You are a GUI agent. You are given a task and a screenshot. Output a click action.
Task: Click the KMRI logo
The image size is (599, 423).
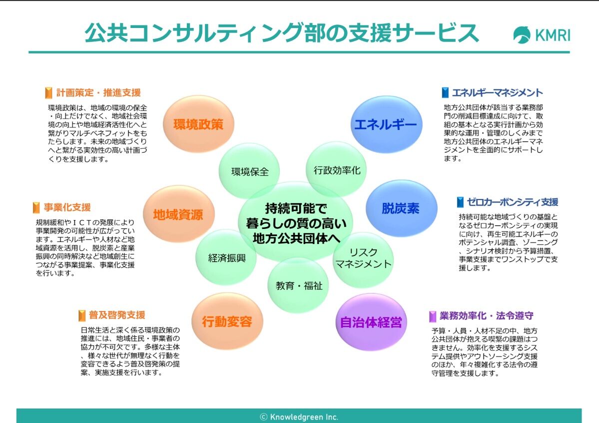[541, 35]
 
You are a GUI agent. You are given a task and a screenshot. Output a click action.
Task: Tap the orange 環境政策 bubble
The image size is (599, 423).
[198, 124]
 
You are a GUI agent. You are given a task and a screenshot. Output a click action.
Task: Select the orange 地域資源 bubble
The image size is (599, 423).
[178, 214]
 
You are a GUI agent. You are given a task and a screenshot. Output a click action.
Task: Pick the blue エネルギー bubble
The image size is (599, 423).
[385, 124]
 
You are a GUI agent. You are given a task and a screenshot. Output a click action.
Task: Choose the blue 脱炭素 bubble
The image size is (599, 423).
[401, 208]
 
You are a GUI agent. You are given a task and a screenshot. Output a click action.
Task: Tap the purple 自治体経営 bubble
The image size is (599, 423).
[371, 322]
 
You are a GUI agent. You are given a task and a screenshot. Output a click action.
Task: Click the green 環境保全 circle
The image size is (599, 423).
[250, 171]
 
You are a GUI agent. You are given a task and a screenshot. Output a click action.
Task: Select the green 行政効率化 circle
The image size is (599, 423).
[337, 169]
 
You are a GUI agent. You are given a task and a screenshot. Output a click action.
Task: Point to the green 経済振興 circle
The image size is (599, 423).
[227, 257]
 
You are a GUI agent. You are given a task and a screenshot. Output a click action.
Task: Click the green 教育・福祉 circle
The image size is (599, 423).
[299, 285]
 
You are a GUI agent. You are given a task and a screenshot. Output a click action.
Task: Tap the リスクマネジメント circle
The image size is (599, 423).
[363, 258]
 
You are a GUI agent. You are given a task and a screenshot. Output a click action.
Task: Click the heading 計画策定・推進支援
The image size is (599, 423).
[98, 92]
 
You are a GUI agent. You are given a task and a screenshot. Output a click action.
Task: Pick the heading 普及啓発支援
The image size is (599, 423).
[117, 315]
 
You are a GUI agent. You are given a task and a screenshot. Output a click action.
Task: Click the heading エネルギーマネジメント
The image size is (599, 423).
[497, 92]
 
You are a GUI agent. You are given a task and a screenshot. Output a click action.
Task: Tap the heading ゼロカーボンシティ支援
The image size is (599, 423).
[513, 202]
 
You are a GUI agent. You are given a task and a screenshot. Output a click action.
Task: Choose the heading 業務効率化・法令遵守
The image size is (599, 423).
[486, 315]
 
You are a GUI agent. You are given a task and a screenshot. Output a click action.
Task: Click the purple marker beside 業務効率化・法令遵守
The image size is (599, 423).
[433, 316]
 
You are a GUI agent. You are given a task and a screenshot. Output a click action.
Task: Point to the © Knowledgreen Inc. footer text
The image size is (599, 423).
[299, 416]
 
